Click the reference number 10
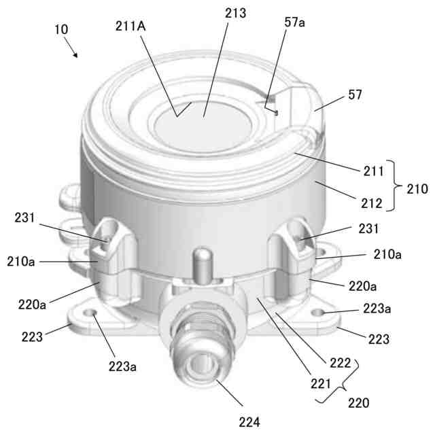(x=60, y=30)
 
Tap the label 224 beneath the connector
(x=249, y=422)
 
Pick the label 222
(x=339, y=362)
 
